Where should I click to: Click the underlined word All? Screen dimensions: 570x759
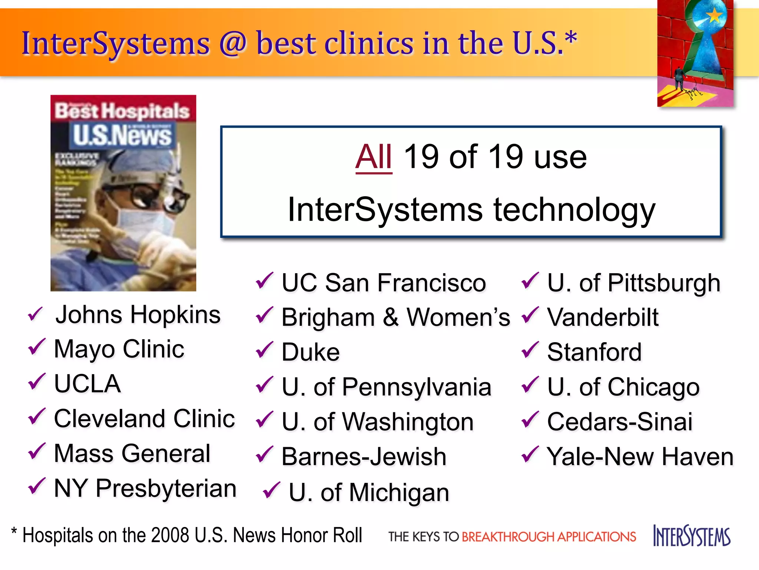(373, 157)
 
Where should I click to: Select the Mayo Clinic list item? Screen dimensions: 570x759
(119, 349)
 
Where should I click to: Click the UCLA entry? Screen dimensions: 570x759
(87, 384)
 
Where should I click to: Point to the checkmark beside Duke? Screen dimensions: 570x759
(265, 350)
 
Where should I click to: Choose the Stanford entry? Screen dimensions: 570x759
(594, 352)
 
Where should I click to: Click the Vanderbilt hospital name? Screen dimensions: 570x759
(603, 318)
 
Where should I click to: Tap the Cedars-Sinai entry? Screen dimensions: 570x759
(620, 422)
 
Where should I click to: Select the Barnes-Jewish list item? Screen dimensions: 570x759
(364, 456)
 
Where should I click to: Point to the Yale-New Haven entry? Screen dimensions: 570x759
(640, 456)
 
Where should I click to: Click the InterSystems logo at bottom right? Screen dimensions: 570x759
(692, 536)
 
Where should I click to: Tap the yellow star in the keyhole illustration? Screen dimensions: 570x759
(714, 16)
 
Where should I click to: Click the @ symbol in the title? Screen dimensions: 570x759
(232, 44)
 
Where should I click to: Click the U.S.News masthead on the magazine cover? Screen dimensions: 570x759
(122, 135)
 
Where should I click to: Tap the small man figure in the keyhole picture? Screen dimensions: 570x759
(679, 78)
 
